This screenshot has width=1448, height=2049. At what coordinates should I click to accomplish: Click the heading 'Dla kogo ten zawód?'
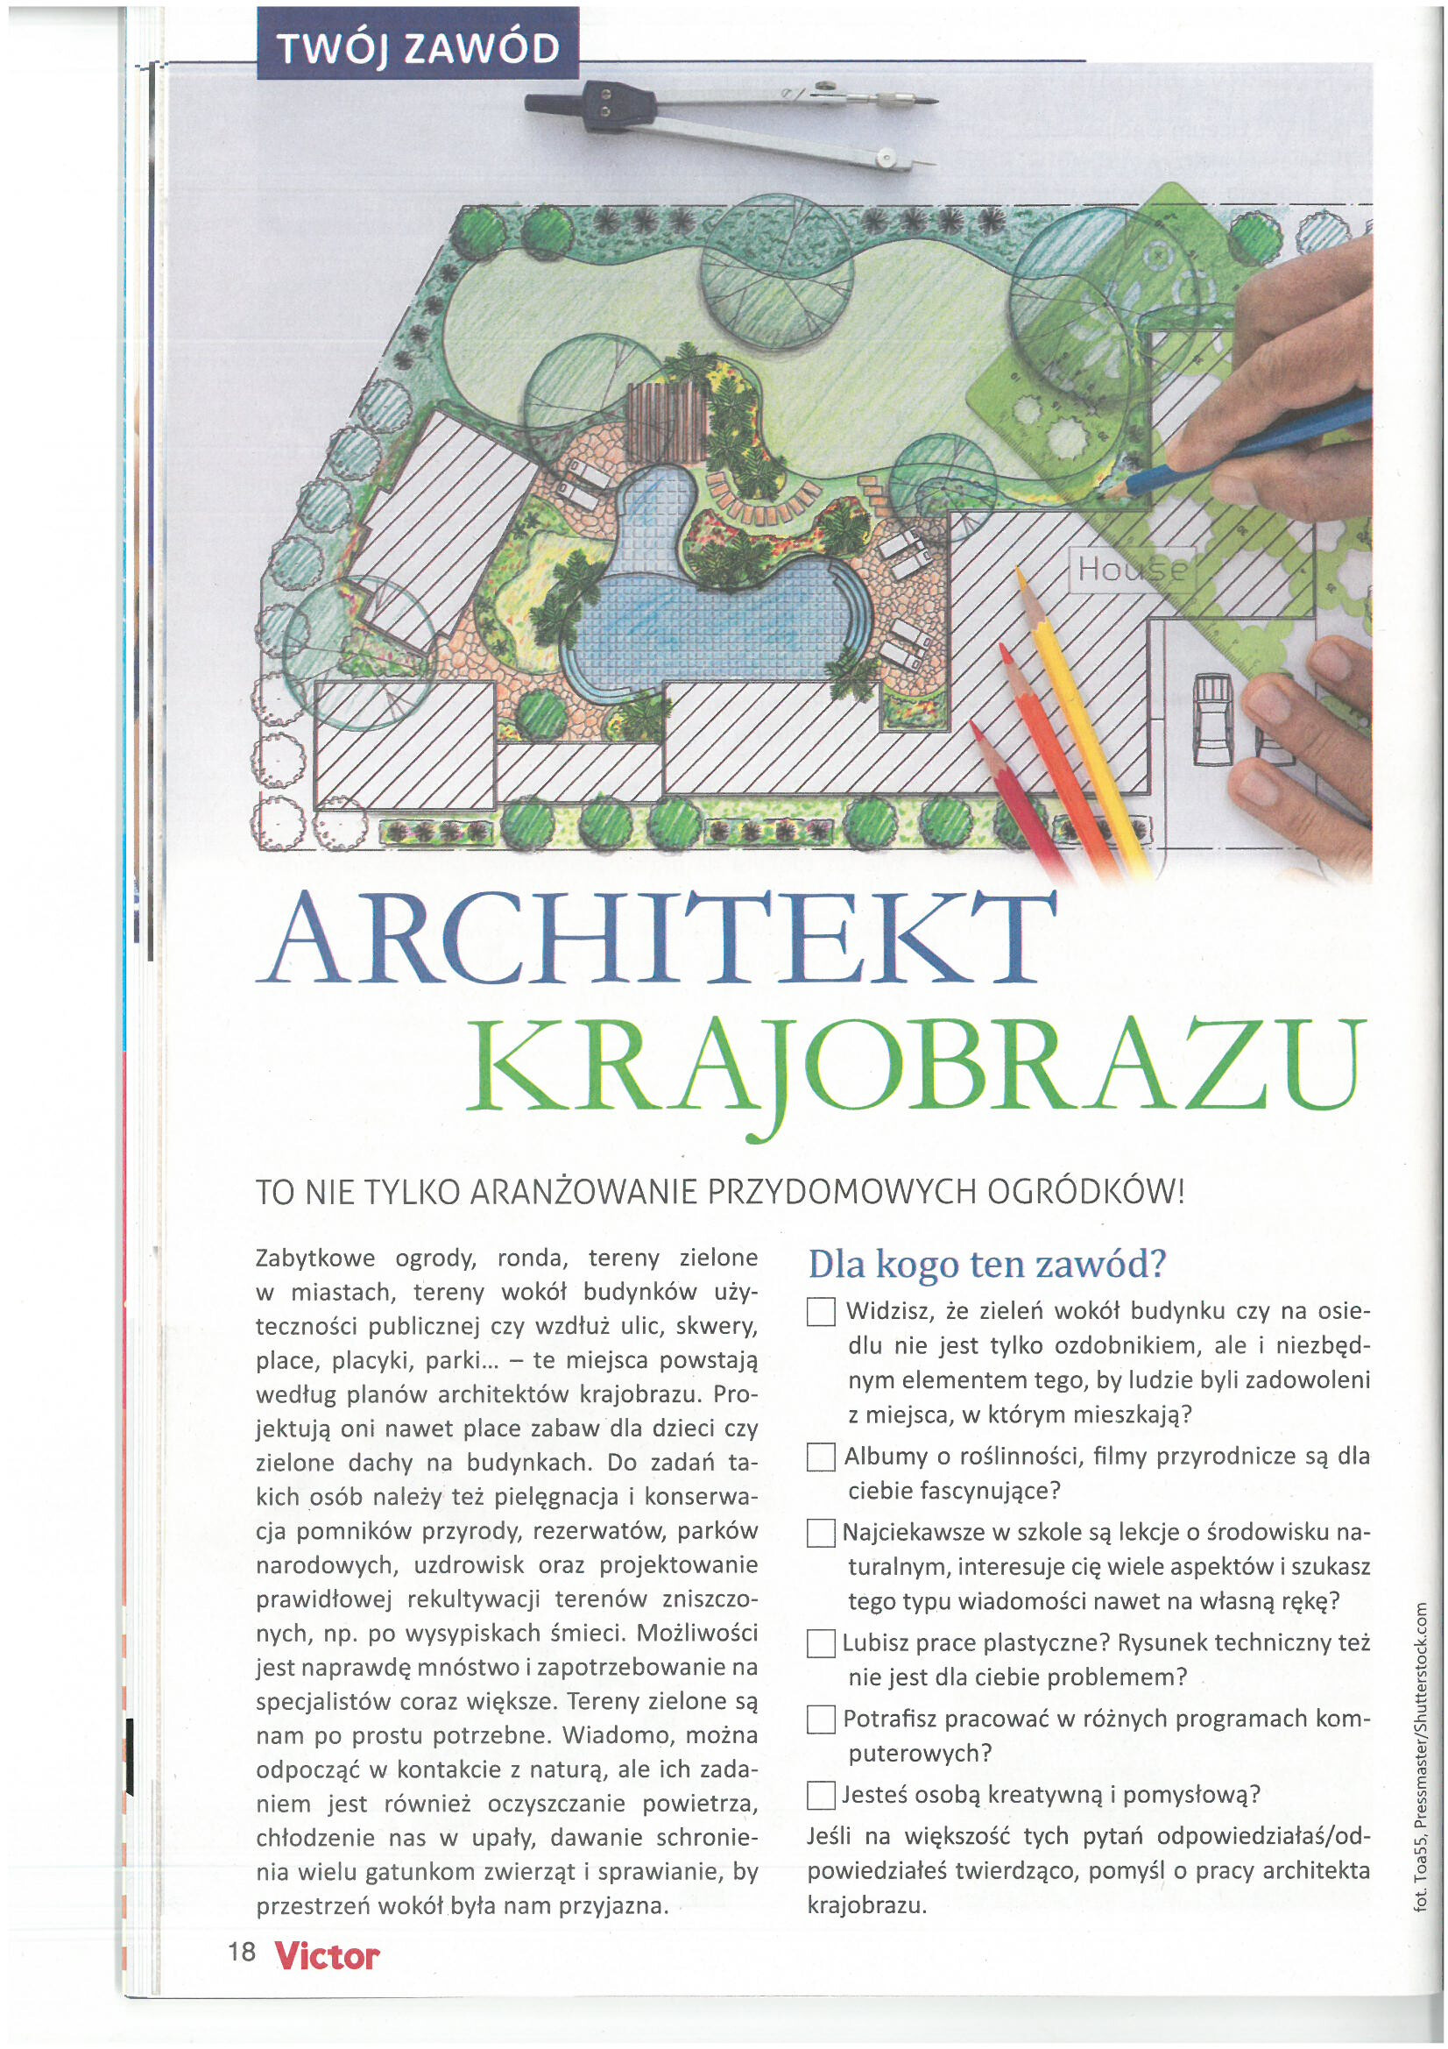(986, 1264)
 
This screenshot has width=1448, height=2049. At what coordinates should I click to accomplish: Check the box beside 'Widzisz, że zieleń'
(820, 1312)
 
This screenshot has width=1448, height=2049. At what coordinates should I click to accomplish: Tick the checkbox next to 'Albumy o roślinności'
(820, 1457)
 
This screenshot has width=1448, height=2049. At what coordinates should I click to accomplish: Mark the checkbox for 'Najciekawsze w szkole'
(820, 1533)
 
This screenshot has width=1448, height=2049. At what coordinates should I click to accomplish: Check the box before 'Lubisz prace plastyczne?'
(820, 1643)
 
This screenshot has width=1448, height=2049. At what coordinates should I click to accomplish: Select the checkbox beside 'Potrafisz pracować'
(820, 1719)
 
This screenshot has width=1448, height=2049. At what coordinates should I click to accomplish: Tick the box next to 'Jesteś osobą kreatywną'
(820, 1795)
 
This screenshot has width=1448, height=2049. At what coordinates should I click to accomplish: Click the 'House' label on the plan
(1131, 569)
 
